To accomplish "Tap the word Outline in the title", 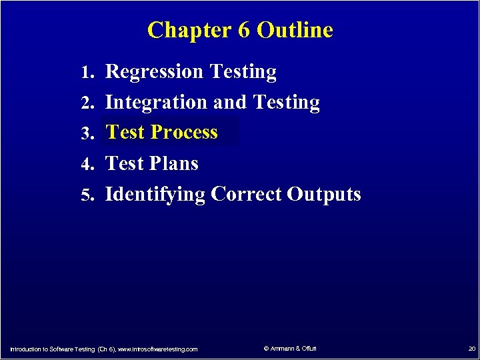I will pyautogui.click(x=295, y=30).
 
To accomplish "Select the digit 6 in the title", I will pyautogui.click(x=243, y=30).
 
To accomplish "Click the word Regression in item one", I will pyautogui.click(x=155, y=71).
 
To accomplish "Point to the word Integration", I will pyautogui.click(x=157, y=103).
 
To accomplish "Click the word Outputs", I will pyautogui.click(x=324, y=194).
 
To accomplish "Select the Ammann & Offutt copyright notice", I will pyautogui.click(x=290, y=349).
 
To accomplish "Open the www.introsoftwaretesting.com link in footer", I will pyautogui.click(x=157, y=349).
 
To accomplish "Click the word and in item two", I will pyautogui.click(x=230, y=103).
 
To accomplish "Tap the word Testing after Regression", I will pyautogui.click(x=243, y=71).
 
